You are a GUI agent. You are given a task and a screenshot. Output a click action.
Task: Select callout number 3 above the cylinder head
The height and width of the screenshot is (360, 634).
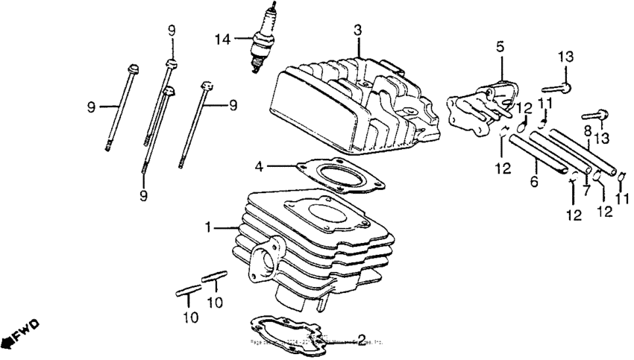pyautogui.click(x=358, y=30)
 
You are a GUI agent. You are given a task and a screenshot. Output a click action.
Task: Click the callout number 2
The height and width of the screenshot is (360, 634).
pyautogui.click(x=361, y=340)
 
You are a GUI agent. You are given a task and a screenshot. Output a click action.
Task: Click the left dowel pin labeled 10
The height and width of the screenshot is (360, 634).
pyautogui.click(x=188, y=291)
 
